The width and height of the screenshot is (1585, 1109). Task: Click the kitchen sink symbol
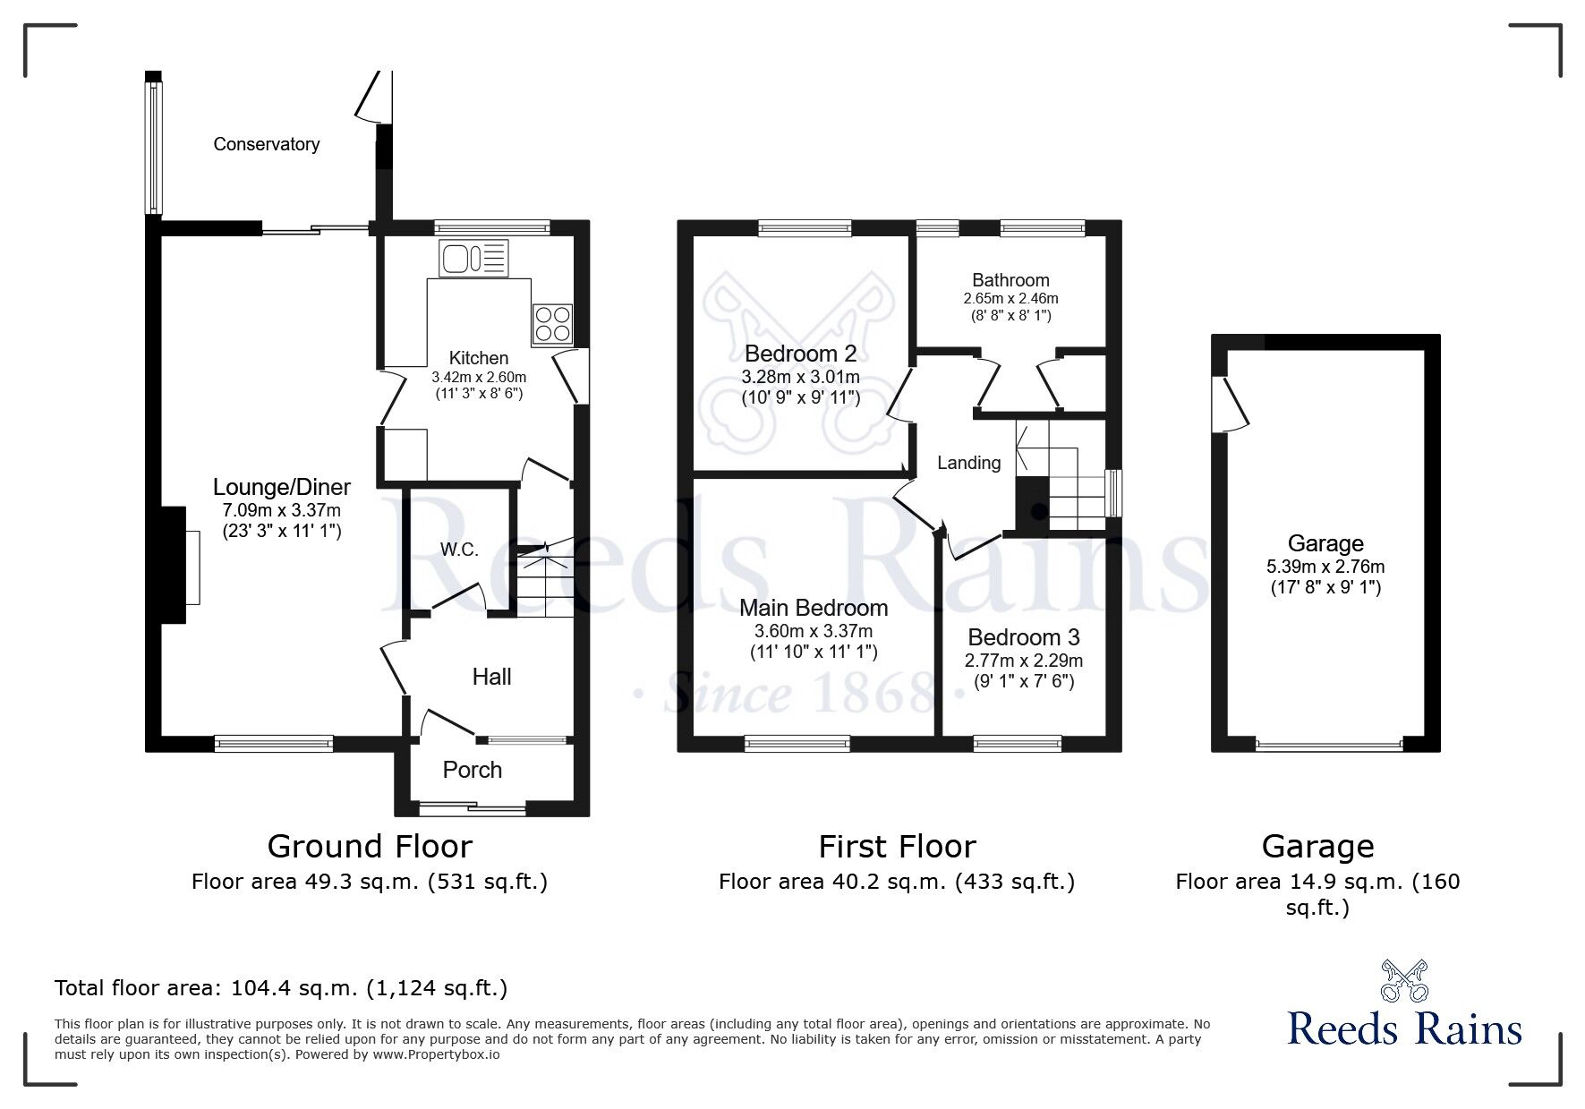(x=473, y=259)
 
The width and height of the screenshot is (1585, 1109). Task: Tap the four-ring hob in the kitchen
(x=552, y=324)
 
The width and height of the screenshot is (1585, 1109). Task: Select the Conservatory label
(x=266, y=144)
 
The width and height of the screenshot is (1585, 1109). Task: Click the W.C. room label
(x=459, y=550)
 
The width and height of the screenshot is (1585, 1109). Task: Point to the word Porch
(x=473, y=770)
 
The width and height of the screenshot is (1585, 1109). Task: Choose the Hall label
(x=491, y=677)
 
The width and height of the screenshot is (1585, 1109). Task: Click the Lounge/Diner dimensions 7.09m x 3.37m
(x=281, y=511)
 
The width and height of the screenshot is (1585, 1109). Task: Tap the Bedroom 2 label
(x=800, y=354)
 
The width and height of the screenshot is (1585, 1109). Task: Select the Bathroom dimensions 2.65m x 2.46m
(x=1010, y=299)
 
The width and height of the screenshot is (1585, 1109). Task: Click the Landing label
(x=968, y=463)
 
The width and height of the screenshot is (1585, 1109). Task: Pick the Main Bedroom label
(x=813, y=608)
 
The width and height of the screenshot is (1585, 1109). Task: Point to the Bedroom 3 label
(x=1023, y=637)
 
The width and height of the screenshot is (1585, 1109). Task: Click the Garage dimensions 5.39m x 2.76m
(x=1325, y=567)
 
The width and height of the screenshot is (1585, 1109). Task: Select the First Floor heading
(x=897, y=846)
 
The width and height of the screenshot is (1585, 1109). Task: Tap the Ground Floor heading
(x=370, y=846)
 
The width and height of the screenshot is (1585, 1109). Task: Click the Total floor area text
(x=281, y=988)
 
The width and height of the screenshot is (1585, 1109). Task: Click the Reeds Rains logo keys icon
(x=1404, y=981)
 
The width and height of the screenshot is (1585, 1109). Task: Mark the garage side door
(x=1228, y=405)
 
